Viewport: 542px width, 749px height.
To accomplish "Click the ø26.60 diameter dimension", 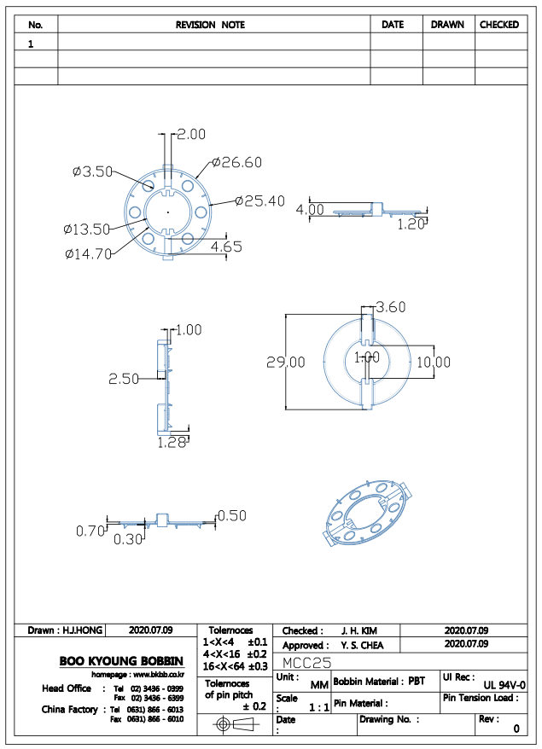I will tap(237, 162).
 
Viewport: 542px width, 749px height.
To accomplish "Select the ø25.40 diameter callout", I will tap(260, 200).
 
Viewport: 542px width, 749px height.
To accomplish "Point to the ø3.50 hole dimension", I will tap(93, 171).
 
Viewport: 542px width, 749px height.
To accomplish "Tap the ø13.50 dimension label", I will tap(87, 229).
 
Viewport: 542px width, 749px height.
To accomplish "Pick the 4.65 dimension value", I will tap(226, 247).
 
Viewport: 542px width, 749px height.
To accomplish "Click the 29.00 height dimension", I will tap(285, 362).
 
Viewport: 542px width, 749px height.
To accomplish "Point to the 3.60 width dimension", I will tap(390, 307).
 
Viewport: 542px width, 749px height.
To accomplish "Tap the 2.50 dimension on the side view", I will tap(123, 379).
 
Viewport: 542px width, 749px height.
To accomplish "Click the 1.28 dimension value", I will tap(172, 443).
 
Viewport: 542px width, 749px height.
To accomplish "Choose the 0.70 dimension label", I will tap(90, 531).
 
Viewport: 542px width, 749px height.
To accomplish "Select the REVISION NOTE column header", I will tap(210, 25).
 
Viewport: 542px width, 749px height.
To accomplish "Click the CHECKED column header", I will tap(499, 25).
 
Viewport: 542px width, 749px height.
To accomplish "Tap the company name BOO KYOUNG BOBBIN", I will tap(121, 661).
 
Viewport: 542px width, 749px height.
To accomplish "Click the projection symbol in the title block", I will tap(234, 724).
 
